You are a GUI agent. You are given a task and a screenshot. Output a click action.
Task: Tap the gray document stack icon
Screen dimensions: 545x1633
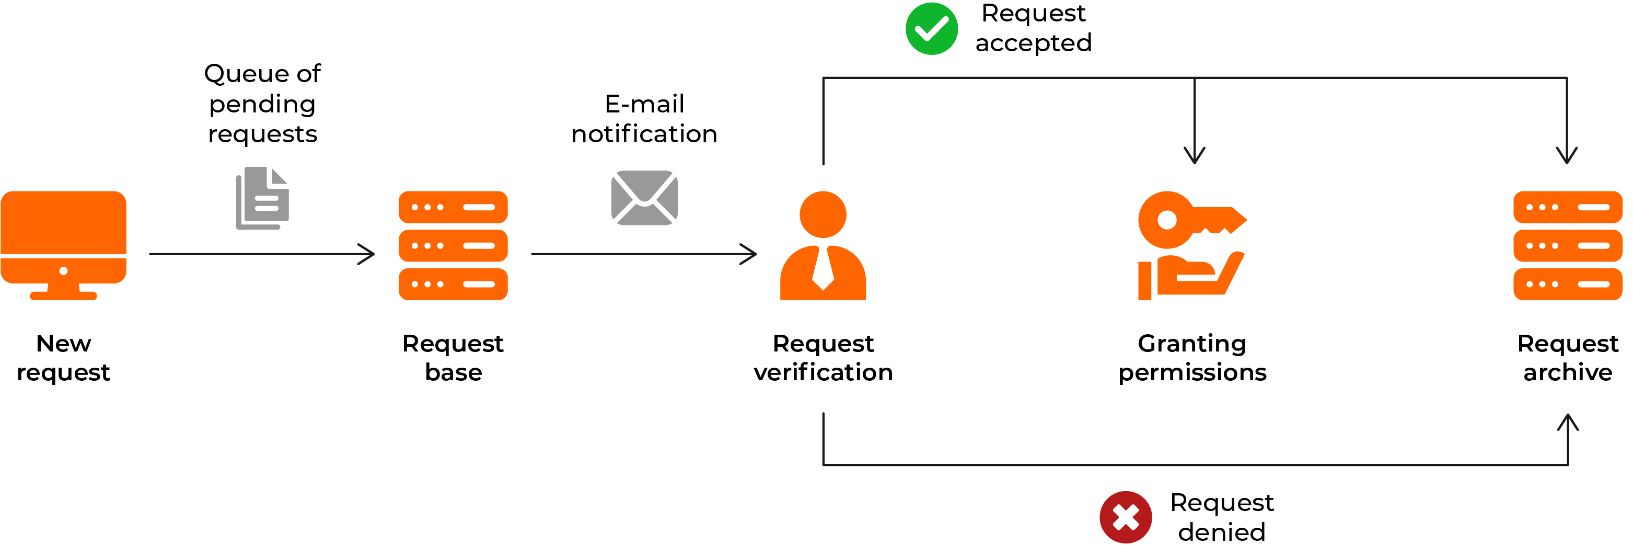(262, 199)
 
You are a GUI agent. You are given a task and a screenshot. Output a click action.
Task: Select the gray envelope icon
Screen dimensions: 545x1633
(644, 197)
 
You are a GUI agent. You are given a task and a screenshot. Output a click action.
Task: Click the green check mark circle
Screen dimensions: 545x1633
(931, 29)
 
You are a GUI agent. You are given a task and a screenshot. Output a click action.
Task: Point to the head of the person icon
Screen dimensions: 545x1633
(823, 214)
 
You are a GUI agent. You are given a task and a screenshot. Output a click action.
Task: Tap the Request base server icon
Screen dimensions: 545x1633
(453, 245)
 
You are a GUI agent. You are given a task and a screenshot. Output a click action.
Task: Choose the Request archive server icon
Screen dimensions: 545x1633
(1567, 245)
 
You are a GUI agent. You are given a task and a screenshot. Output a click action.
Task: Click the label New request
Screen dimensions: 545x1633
(63, 357)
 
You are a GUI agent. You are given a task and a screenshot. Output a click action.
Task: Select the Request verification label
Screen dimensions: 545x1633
(823, 357)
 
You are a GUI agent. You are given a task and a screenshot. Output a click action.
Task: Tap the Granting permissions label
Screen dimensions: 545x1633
(1192, 357)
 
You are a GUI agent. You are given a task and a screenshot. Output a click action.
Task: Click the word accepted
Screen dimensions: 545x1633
(1033, 43)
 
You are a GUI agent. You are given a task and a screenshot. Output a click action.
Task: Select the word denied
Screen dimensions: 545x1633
(1222, 532)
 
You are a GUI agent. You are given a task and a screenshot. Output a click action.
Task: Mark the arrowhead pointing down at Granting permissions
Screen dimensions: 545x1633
(1195, 157)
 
